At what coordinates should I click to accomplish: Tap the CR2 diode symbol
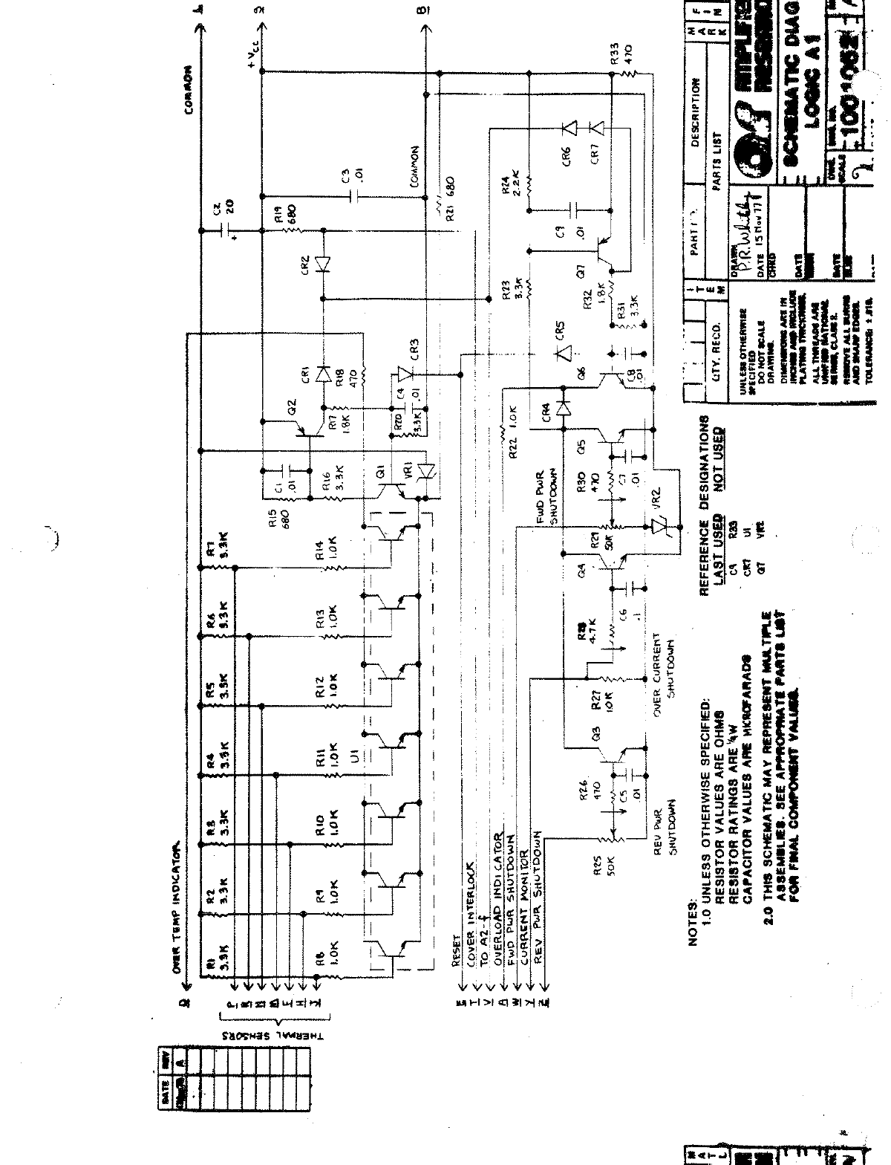pos(322,265)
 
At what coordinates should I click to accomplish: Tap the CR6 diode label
pos(567,157)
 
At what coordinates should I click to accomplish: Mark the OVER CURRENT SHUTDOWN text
pos(663,669)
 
